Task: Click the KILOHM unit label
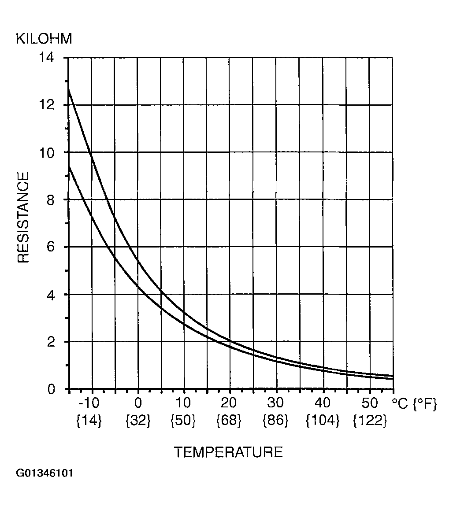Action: pyautogui.click(x=44, y=39)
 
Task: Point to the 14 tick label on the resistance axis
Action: pyautogui.click(x=47, y=58)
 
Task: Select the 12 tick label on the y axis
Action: pyautogui.click(x=47, y=105)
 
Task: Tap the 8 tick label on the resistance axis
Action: pyautogui.click(x=50, y=200)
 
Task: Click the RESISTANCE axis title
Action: pyautogui.click(x=23, y=217)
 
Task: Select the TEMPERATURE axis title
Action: pyautogui.click(x=228, y=452)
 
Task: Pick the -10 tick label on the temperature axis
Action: pyautogui.click(x=89, y=403)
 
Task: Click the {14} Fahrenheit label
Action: pyautogui.click(x=89, y=420)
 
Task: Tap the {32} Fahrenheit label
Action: pyautogui.click(x=138, y=420)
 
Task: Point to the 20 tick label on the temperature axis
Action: pyautogui.click(x=228, y=403)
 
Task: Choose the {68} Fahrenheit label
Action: pyautogui.click(x=229, y=420)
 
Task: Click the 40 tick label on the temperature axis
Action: pyautogui.click(x=323, y=403)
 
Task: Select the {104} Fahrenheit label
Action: pyautogui.click(x=323, y=420)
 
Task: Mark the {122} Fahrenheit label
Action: pyautogui.click(x=370, y=420)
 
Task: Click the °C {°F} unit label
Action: pyautogui.click(x=414, y=404)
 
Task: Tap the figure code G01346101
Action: pyautogui.click(x=45, y=473)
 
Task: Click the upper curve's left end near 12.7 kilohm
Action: pyautogui.click(x=69, y=89)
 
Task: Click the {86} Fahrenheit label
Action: pyautogui.click(x=275, y=420)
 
